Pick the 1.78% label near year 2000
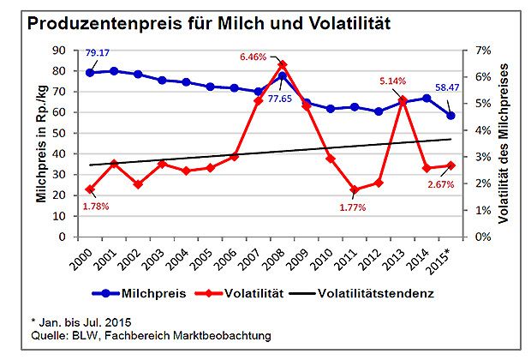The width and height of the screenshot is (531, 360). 96,207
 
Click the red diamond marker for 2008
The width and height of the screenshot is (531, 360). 283,65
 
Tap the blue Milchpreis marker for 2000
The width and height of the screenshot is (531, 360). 89,72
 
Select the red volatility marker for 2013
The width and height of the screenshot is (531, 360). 403,100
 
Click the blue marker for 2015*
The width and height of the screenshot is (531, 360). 450,115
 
